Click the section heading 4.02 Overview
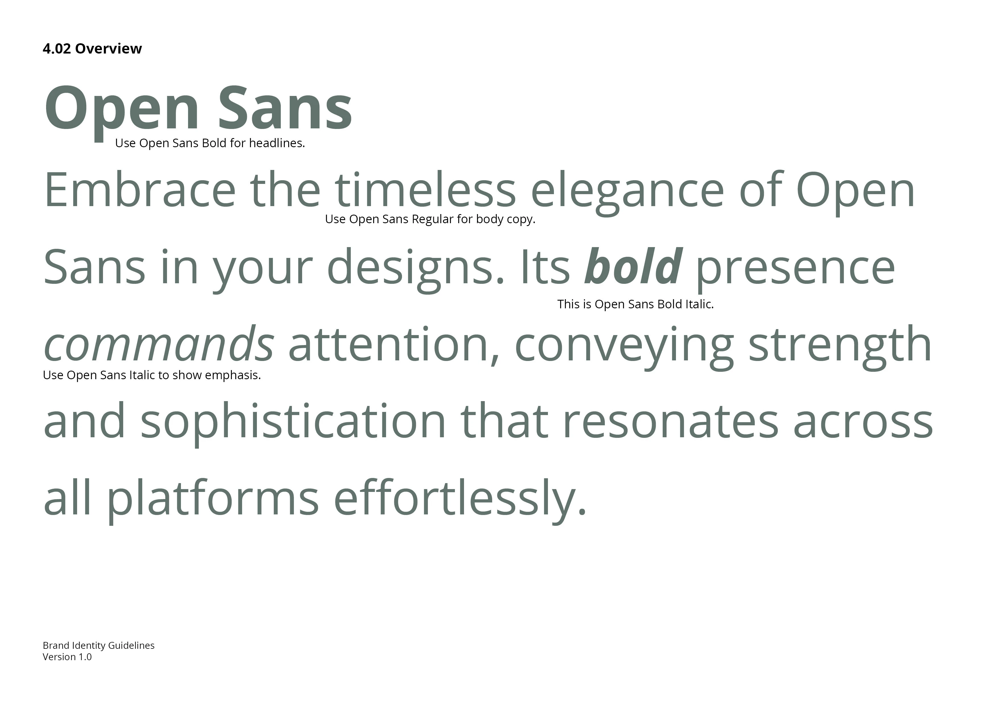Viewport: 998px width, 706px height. coord(92,48)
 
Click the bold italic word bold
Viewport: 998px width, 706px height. coord(633,266)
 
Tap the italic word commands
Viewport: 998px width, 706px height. coord(159,344)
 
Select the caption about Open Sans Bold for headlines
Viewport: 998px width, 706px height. coord(210,143)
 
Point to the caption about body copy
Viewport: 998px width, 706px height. coord(430,219)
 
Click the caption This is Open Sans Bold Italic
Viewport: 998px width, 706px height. coord(636,304)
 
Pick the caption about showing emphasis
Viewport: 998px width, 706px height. coord(152,375)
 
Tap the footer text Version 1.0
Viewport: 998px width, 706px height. coord(67,657)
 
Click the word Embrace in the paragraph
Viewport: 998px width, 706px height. coord(139,190)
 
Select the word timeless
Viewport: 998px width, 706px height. coord(425,190)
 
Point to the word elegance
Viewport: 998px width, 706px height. coord(627,193)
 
